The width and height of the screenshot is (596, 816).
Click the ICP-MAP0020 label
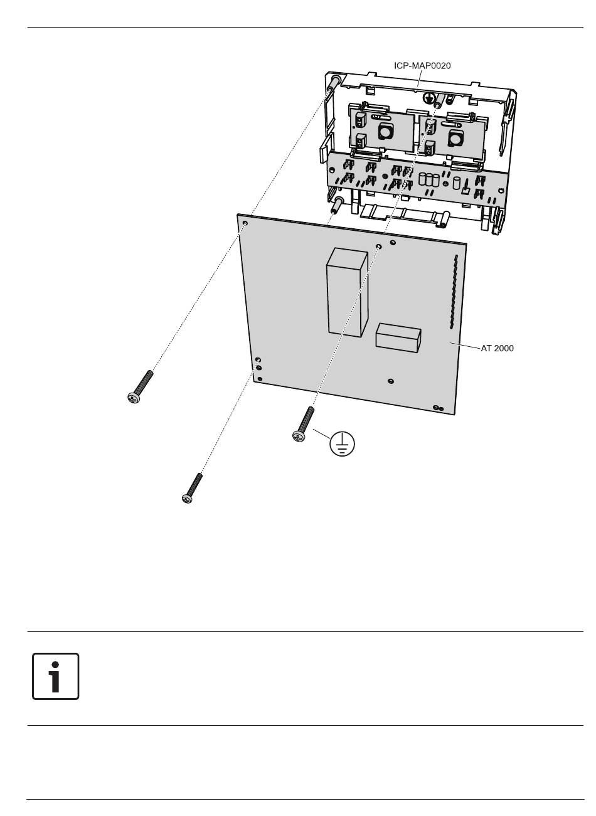[x=422, y=66]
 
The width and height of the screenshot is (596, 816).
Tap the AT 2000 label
[x=497, y=348]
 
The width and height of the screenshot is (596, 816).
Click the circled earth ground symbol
[x=341, y=443]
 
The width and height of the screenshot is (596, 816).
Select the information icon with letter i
[x=55, y=677]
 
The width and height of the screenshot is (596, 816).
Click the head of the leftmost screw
[x=134, y=398]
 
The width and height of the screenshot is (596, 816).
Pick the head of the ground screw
[x=299, y=435]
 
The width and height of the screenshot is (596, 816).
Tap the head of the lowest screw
[x=187, y=499]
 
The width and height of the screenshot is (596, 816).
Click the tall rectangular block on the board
[x=347, y=292]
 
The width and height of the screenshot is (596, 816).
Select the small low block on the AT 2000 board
[x=398, y=337]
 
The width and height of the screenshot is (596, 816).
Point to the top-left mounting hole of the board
[x=245, y=223]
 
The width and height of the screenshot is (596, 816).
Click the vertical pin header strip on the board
[x=453, y=292]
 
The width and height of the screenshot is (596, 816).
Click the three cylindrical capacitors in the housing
[x=428, y=179]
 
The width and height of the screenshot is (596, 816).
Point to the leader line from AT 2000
[x=465, y=346]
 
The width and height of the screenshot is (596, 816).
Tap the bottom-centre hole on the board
[x=390, y=381]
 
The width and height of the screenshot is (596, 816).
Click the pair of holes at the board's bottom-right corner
[x=438, y=408]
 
